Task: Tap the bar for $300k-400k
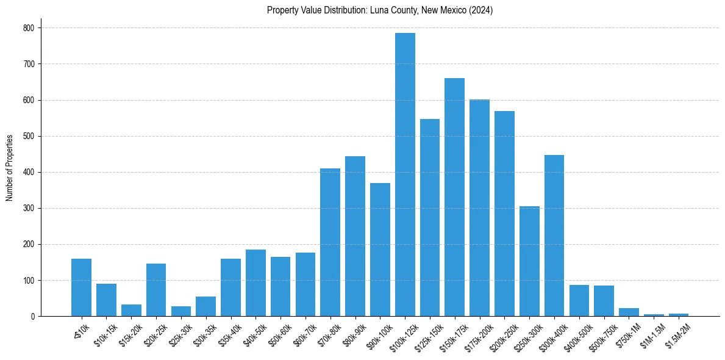pos(554,236)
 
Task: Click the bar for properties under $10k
pos(81,287)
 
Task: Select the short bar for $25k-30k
pos(181,311)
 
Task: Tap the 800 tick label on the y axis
pos(29,28)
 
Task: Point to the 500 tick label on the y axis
pos(29,136)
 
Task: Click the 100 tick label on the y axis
pos(29,281)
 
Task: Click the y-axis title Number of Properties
pos(10,167)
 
